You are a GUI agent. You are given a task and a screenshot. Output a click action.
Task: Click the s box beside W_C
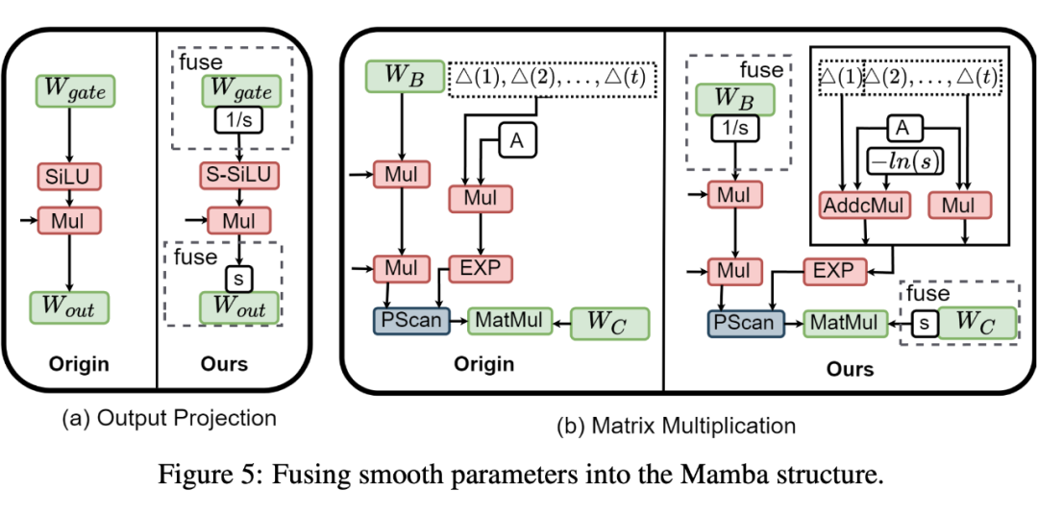(x=925, y=323)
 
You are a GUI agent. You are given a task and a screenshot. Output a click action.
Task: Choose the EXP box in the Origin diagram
(x=481, y=268)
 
